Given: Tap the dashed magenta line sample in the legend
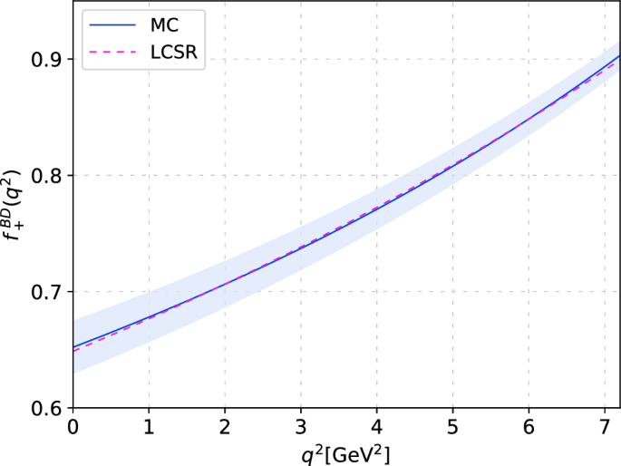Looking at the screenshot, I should [110, 55].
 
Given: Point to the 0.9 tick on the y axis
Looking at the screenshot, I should [46, 60].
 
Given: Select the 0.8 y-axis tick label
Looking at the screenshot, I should [46, 176].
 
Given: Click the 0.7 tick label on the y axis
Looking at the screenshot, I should [46, 292].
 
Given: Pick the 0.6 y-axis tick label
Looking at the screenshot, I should [46, 408].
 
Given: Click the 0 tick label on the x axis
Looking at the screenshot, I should [72, 426].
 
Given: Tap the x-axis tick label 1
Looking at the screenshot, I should [148, 426].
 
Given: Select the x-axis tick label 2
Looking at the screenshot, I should [224, 426].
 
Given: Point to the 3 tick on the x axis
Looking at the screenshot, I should [300, 426].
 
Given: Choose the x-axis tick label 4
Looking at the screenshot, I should [376, 426].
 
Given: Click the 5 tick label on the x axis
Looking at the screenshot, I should [452, 426].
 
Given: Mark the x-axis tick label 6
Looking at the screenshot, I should [529, 426].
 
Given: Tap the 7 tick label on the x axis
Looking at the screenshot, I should [605, 426].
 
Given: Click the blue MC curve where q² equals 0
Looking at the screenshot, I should [73, 347].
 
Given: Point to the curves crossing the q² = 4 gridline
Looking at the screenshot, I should [376, 206].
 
